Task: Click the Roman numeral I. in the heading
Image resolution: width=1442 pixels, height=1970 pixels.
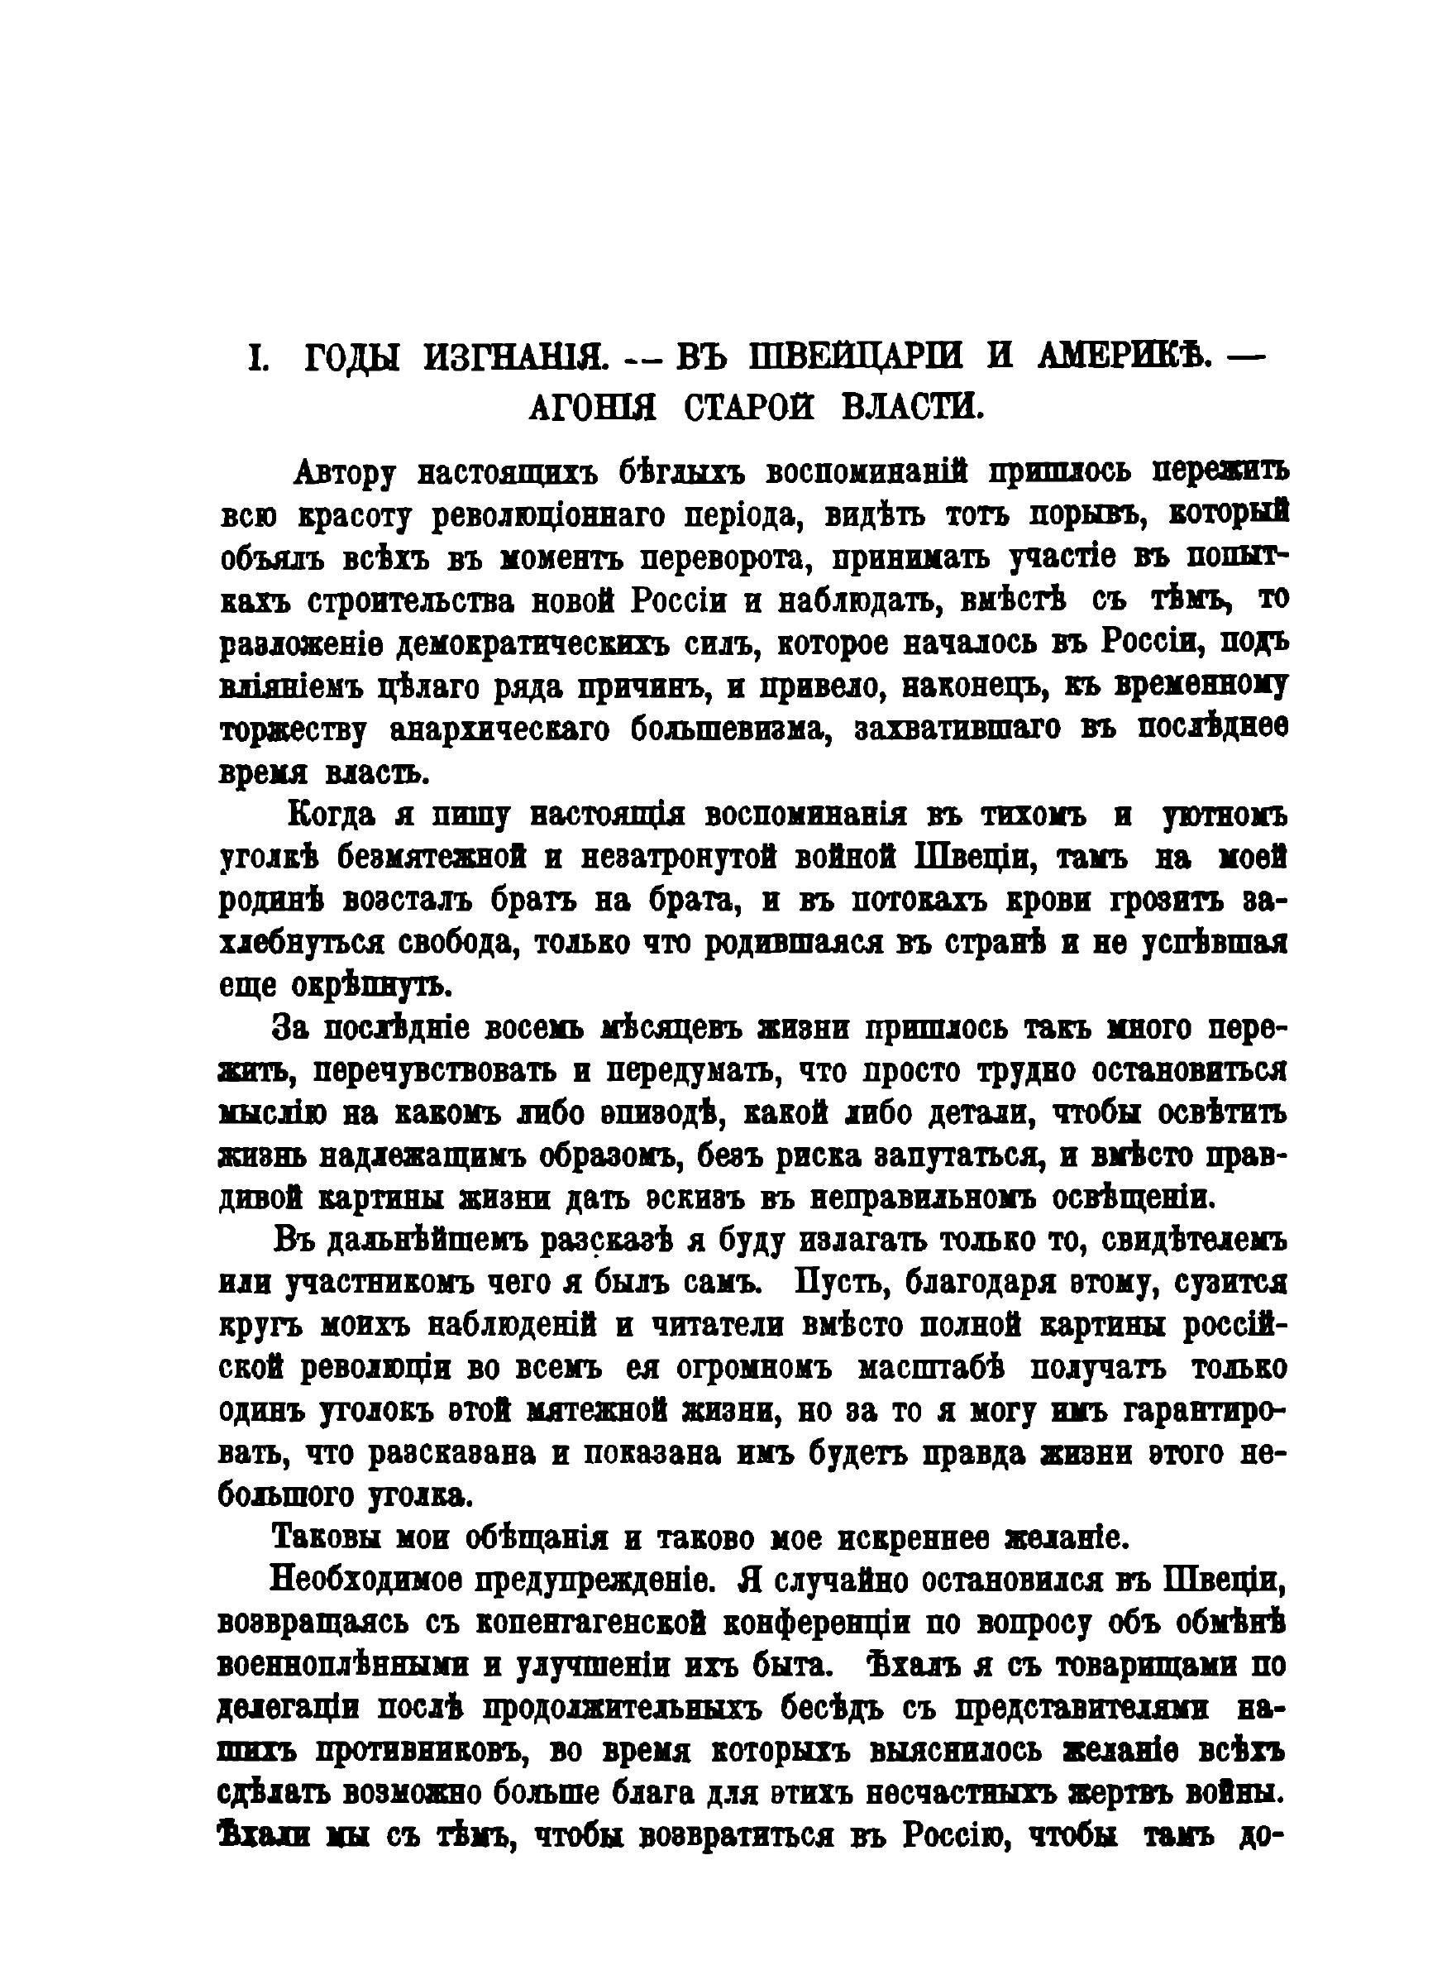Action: (x=258, y=360)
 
